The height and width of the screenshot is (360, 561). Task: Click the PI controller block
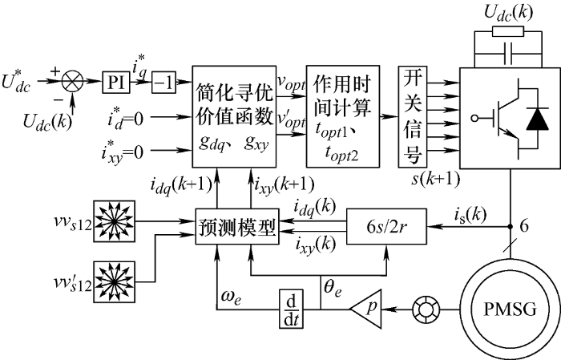coord(114,82)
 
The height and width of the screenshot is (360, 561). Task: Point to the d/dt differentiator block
coord(289,305)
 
